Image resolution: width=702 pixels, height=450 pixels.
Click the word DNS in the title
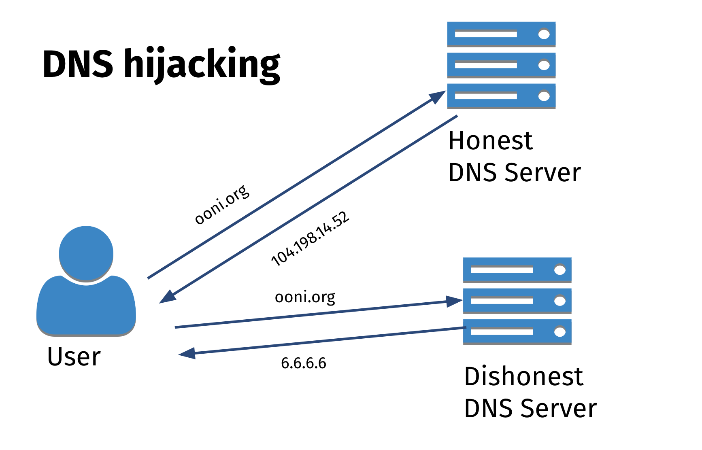78,64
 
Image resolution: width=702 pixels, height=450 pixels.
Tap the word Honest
490,141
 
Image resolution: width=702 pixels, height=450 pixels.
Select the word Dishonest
523,376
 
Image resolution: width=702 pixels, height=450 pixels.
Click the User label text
74,357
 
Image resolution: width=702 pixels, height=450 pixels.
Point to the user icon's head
86,253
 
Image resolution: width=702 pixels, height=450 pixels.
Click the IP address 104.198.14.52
310,239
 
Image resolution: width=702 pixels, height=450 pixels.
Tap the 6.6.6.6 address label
303,363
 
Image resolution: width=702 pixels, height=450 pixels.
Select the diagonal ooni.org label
222,204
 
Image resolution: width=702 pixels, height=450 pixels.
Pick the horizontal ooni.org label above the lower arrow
305,297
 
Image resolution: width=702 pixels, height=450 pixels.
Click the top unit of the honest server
501,34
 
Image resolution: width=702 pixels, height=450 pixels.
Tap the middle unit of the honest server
501,65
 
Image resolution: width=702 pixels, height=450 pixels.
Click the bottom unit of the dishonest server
517,332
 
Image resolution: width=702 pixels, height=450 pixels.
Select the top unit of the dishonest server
517,270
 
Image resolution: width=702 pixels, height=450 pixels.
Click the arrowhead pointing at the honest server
438,96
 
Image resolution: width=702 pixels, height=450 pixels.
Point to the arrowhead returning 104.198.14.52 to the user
167,297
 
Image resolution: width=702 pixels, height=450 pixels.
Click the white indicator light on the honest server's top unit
544,34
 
